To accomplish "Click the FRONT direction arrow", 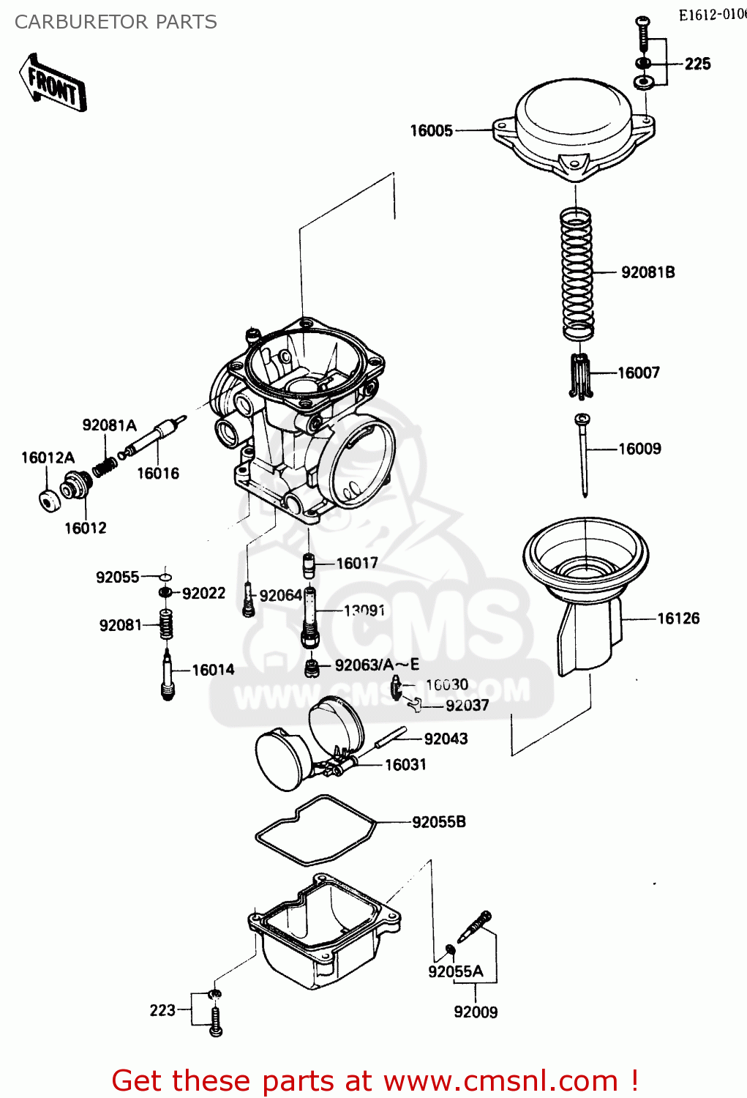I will click(53, 82).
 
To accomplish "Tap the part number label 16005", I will click(431, 131).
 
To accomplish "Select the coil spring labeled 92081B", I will click(577, 274).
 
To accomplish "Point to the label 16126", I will click(678, 619).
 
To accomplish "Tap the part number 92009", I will click(476, 1012).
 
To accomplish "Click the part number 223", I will click(162, 1011).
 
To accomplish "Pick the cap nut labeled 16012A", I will click(49, 501).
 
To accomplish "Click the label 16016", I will click(158, 474).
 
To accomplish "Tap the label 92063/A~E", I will click(377, 665).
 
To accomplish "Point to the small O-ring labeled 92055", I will click(165, 577).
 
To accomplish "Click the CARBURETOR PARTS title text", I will click(116, 22).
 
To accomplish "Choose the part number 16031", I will click(405, 765).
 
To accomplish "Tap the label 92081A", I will click(109, 425).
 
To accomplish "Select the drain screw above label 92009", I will click(475, 927).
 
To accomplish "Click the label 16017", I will click(357, 564).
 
